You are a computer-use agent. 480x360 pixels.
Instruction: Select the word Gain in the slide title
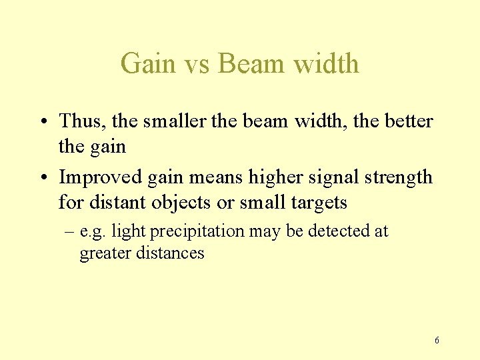[x=148, y=64]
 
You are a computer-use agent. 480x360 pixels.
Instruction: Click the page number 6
[x=437, y=341]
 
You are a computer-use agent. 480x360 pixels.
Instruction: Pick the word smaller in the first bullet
[x=175, y=121]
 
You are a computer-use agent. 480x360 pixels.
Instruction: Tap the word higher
[x=275, y=177]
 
